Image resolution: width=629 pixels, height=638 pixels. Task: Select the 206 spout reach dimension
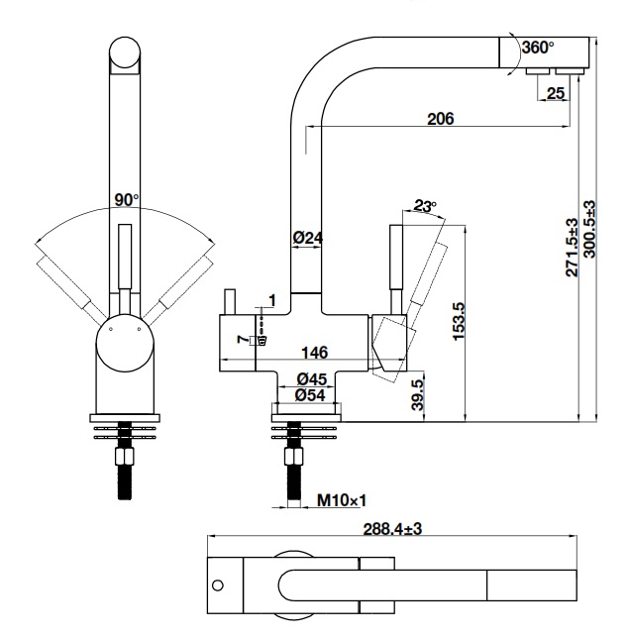click(x=440, y=119)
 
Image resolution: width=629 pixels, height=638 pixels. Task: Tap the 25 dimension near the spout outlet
click(x=555, y=93)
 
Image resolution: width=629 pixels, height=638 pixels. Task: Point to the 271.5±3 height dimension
click(x=573, y=248)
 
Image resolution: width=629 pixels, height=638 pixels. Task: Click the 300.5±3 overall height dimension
click(x=592, y=229)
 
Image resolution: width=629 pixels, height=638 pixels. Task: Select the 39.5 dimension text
click(x=419, y=394)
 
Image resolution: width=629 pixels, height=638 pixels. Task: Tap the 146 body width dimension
click(x=315, y=353)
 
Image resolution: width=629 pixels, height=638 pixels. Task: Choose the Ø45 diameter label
click(x=313, y=378)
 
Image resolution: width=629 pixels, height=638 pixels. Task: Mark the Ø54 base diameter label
click(x=313, y=395)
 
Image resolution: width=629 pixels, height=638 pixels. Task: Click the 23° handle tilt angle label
click(x=425, y=207)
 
